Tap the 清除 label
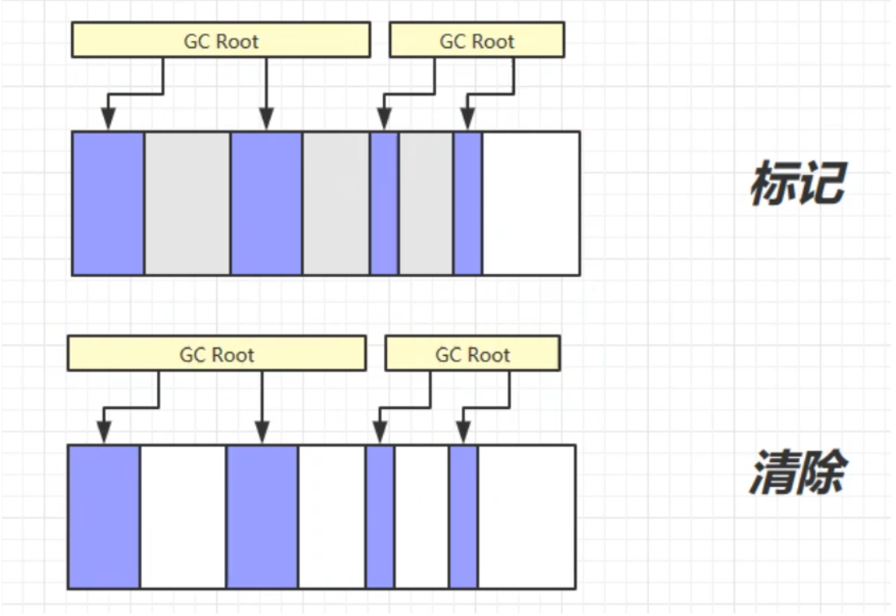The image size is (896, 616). pyautogui.click(x=795, y=473)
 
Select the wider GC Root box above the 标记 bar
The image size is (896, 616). pyautogui.click(x=221, y=41)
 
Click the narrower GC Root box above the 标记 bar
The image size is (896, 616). pyautogui.click(x=476, y=41)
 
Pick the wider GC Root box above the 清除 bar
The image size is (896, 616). pyautogui.click(x=216, y=354)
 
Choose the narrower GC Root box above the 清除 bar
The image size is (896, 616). pyautogui.click(x=472, y=354)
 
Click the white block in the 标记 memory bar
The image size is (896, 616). pyautogui.click(x=531, y=203)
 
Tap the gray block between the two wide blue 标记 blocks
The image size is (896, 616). pyautogui.click(x=187, y=203)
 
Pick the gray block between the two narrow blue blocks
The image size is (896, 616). pyautogui.click(x=425, y=203)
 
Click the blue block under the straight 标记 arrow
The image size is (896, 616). pyautogui.click(x=266, y=203)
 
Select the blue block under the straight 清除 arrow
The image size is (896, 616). pyautogui.click(x=262, y=517)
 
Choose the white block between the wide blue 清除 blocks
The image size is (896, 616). pyautogui.click(x=182, y=517)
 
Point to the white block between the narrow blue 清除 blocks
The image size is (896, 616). pyautogui.click(x=421, y=517)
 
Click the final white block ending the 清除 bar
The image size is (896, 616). pyautogui.click(x=526, y=517)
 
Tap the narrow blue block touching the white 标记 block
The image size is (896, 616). pyautogui.click(x=468, y=203)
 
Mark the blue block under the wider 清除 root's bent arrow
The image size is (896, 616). pyautogui.click(x=104, y=517)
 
